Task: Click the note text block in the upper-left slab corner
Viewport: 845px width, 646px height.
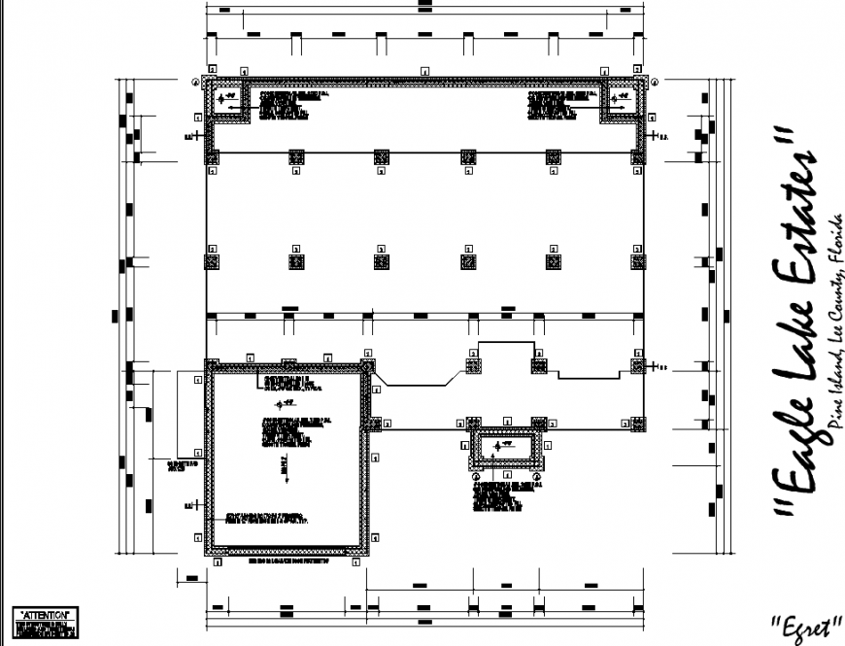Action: point(286,106)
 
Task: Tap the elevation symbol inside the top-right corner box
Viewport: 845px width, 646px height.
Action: point(620,98)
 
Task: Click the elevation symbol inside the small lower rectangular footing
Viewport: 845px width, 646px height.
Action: point(501,446)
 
